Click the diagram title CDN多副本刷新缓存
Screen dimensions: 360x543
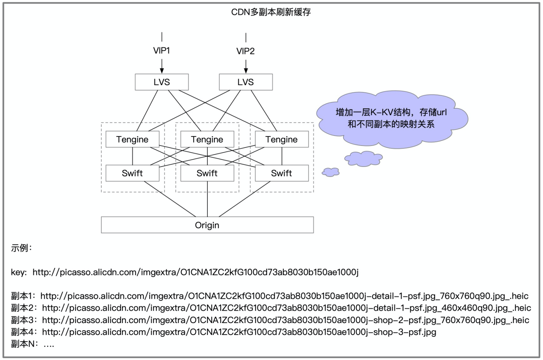tap(271, 12)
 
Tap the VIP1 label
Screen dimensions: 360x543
tap(161, 51)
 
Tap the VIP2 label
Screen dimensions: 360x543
tap(245, 51)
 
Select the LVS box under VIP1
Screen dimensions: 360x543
tap(161, 82)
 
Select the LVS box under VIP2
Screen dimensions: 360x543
tap(245, 82)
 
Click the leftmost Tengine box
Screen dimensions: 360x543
tap(132, 139)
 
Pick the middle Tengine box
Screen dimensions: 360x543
tap(207, 139)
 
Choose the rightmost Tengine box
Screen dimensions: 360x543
tap(282, 139)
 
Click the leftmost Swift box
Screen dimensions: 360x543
tap(132, 173)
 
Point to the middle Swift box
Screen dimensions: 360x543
tap(207, 173)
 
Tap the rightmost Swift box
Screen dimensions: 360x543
tap(282, 173)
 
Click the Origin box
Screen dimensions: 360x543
tap(207, 225)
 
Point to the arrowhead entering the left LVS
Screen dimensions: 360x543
tap(162, 71)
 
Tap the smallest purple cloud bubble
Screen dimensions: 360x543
tap(331, 172)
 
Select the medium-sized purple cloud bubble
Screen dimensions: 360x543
tap(363, 159)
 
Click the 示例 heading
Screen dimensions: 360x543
tap(21, 248)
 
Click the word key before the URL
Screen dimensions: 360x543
tap(18, 272)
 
